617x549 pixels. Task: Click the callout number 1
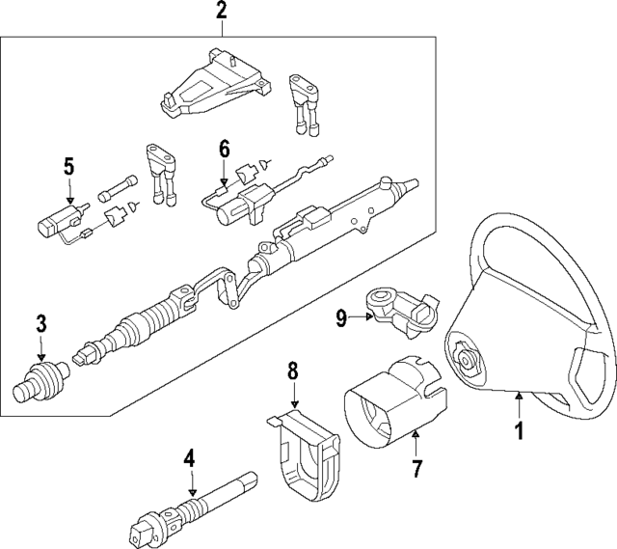pos(518,431)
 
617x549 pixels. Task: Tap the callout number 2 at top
pos(222,13)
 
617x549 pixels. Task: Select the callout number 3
pos(41,323)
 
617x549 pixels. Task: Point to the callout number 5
pos(68,166)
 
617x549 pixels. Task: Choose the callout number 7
pos(416,470)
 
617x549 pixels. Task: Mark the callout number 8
pos(294,370)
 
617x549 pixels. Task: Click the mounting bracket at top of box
pos(214,87)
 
